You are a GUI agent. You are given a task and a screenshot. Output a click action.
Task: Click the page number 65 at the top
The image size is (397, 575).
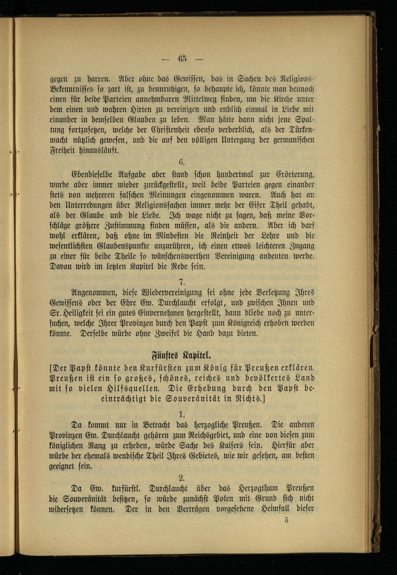tap(182, 59)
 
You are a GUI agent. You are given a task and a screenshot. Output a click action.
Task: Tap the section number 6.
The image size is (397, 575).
tap(182, 162)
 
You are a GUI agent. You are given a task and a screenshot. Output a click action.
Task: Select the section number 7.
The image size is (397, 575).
tap(182, 282)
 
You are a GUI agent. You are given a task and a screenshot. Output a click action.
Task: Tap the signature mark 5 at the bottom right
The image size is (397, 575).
tap(286, 521)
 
